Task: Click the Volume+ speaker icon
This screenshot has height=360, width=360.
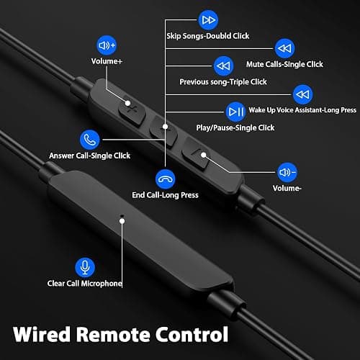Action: pos(107,45)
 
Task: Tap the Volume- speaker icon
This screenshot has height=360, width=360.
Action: pos(287,172)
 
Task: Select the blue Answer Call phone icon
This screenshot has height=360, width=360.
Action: pos(89,140)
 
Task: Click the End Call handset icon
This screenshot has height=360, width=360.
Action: pos(165,179)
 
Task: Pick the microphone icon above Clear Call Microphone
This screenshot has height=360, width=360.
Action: pos(85,267)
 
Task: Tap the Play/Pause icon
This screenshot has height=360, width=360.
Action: pos(235,112)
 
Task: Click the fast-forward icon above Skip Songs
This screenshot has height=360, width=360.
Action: pos(208,20)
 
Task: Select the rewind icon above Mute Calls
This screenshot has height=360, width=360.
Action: pos(284,48)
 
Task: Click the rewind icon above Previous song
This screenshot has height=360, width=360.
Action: pos(223,66)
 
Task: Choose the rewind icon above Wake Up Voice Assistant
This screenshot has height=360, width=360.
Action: pos(303,94)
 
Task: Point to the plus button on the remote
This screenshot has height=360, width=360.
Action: pos(132,110)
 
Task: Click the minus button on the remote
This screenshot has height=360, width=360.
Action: pos(196,154)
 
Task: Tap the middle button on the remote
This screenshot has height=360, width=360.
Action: pos(163,131)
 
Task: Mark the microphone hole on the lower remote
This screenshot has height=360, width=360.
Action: pos(122,216)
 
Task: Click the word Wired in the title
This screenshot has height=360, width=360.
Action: pos(42,334)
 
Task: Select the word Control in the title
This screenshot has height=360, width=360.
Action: pos(192,334)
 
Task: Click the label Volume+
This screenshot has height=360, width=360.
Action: pos(107,61)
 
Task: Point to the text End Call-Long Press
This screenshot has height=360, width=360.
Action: pos(165,195)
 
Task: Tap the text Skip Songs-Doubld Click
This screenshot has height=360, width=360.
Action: pos(208,36)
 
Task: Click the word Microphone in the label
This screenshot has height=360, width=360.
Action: pos(102,284)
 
